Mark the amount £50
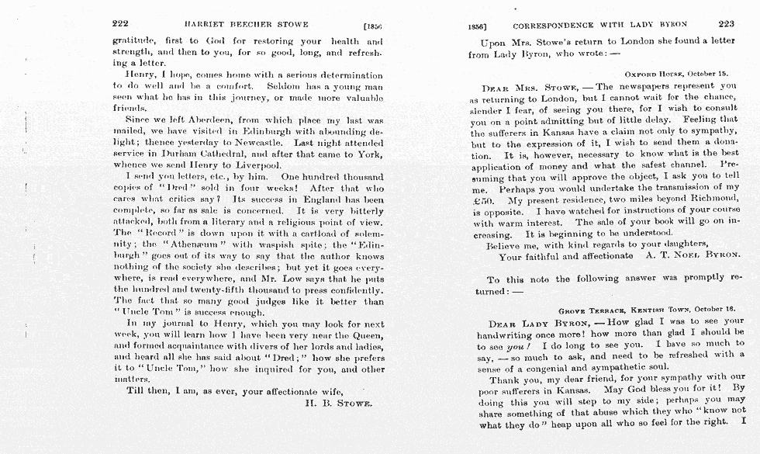(x=482, y=199)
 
